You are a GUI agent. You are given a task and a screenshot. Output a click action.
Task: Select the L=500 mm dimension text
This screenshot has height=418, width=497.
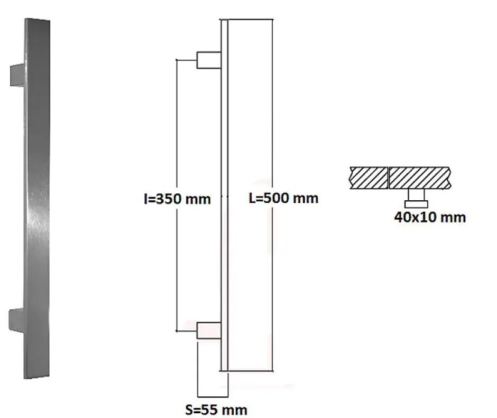283,198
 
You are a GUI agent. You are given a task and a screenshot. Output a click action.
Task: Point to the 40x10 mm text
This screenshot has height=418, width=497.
430,217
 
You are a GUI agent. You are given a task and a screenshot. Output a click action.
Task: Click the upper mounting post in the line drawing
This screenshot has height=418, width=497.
209,60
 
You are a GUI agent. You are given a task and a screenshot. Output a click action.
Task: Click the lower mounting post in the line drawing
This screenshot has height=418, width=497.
209,331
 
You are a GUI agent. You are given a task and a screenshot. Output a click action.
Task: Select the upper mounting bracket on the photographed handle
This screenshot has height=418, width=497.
17,74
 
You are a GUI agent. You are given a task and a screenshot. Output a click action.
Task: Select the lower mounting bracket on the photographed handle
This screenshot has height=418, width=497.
17,317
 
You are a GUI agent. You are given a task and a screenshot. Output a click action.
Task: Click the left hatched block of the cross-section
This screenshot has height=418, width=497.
369,177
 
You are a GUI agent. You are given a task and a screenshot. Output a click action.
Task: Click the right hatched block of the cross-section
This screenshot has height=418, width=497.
420,177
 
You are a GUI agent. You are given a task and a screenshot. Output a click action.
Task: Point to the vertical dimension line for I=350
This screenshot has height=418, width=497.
176,132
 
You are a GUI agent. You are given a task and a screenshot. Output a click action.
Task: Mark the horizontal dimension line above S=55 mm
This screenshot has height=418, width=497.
213,396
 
